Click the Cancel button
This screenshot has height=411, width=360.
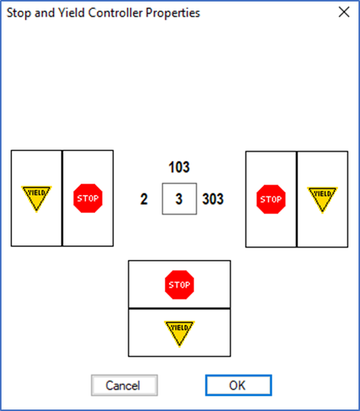tap(125, 385)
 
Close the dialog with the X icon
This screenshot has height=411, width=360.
tap(343, 12)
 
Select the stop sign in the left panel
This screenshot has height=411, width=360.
tap(88, 198)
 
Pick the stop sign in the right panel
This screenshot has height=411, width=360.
tap(271, 199)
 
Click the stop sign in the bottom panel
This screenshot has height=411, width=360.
tap(180, 285)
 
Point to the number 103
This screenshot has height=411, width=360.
tap(179, 167)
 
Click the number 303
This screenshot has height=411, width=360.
tap(213, 199)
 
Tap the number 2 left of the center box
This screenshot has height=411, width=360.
tap(143, 199)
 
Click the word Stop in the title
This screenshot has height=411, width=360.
tap(19, 13)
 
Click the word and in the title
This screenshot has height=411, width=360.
tap(45, 13)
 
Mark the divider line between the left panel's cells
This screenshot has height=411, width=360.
tap(63, 198)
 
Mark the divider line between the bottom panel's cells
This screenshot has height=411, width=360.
tap(180, 308)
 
